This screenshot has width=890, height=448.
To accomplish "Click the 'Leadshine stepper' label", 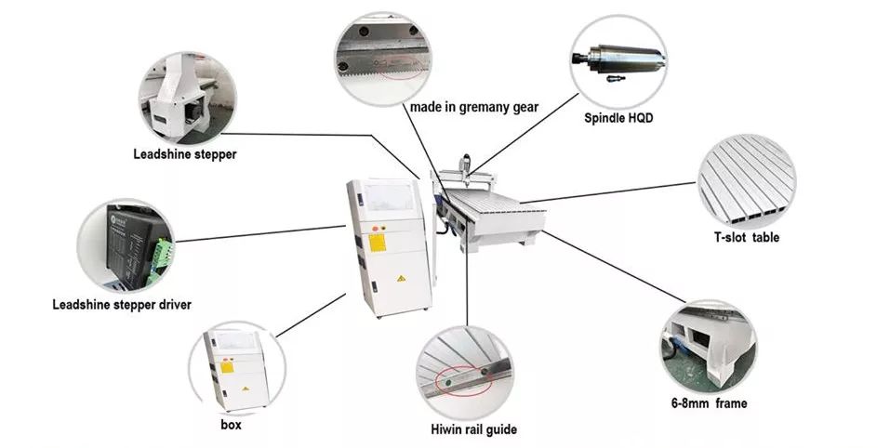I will pos(184,154).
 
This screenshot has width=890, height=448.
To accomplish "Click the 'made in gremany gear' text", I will pos(474,107).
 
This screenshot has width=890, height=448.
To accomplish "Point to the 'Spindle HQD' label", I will pos(617,118).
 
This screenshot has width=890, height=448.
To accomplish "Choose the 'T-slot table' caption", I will pos(746,238).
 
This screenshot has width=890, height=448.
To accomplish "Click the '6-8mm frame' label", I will pos(709,403).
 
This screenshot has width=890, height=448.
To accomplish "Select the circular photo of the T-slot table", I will pos(747,178).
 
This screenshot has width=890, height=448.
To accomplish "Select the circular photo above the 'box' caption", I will pos(236,370).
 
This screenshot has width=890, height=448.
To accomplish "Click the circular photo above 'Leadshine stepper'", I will pos(188,96).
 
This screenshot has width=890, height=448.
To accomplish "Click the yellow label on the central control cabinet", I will pos(377,243).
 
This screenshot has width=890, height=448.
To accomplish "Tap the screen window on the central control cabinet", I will pos(391,197).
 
